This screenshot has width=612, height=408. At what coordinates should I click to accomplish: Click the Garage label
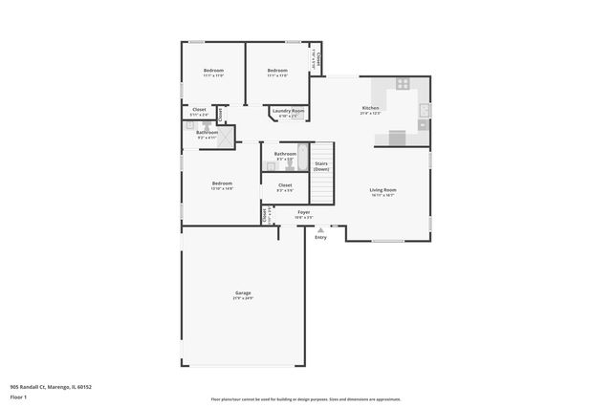(x=243, y=292)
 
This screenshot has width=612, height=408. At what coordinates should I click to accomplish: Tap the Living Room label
(x=382, y=189)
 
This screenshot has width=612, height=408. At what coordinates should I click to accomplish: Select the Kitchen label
(x=370, y=108)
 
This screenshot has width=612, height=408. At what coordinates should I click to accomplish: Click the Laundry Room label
(x=288, y=111)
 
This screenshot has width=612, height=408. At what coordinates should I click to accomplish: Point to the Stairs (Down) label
(x=321, y=166)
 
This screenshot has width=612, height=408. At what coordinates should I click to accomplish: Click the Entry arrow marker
(x=320, y=229)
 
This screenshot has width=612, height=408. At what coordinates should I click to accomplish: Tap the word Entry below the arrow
(x=320, y=237)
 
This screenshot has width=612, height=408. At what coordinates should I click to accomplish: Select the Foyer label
(x=303, y=212)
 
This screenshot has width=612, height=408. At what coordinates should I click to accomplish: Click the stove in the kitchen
(x=403, y=83)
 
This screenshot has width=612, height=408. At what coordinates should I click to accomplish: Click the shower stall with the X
(x=226, y=138)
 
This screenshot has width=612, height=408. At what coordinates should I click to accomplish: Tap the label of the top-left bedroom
(x=213, y=71)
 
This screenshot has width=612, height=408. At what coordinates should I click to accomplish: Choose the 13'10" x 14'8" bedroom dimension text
(x=222, y=188)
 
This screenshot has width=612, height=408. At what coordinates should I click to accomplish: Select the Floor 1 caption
(x=19, y=396)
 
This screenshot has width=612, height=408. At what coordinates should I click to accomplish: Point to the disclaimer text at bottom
(x=306, y=399)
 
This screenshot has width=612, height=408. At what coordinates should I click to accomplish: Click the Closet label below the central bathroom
(x=285, y=184)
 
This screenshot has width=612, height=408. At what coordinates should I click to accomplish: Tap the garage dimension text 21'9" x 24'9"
(x=243, y=298)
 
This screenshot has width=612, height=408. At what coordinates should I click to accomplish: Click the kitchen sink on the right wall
(x=422, y=113)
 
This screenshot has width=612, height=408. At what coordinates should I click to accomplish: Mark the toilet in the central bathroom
(x=284, y=164)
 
